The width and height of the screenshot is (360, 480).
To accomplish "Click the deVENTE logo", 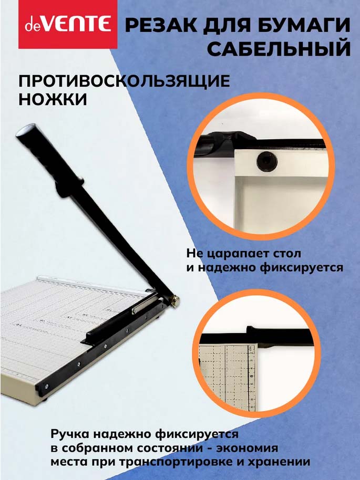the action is click(x=68, y=24).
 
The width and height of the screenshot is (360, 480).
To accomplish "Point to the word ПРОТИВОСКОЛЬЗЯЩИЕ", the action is click(x=125, y=81).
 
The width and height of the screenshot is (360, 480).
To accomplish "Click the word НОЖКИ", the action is click(x=53, y=99).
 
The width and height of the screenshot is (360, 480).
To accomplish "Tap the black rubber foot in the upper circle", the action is click(x=267, y=161).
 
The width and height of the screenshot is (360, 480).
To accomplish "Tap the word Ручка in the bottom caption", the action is click(x=70, y=434).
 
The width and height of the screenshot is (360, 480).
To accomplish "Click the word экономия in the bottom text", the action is click(x=248, y=448).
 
